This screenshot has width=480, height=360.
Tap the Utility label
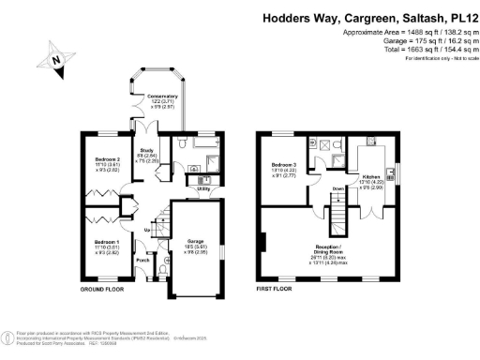point(203,187)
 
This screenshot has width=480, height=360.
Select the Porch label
point(143,261)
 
